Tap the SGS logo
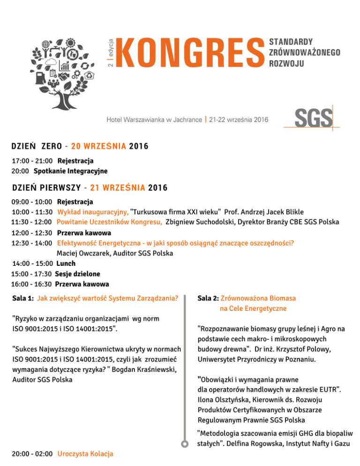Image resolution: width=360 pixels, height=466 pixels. [313, 118]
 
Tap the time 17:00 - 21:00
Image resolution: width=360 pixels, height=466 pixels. [32, 161]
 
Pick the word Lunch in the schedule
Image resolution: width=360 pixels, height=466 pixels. [66, 263]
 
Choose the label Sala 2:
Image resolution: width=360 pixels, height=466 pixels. [208, 298]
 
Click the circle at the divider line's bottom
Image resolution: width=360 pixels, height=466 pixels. [185, 443]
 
